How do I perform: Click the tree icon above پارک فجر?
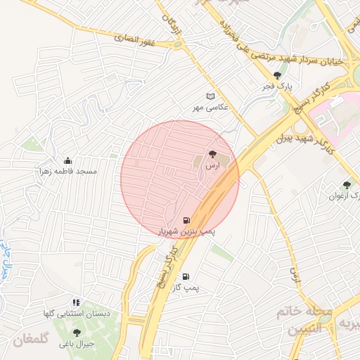click(278, 75)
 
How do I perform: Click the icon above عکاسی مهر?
click(209, 96)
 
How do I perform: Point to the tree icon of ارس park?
click(212, 154)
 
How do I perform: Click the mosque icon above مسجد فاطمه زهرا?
click(67, 160)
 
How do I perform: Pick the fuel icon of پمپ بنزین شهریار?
click(186, 219)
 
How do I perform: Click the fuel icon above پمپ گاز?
click(186, 277)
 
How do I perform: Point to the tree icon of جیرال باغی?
click(77, 333)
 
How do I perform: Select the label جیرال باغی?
click(77, 344)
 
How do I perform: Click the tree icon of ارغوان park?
click(346, 185)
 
